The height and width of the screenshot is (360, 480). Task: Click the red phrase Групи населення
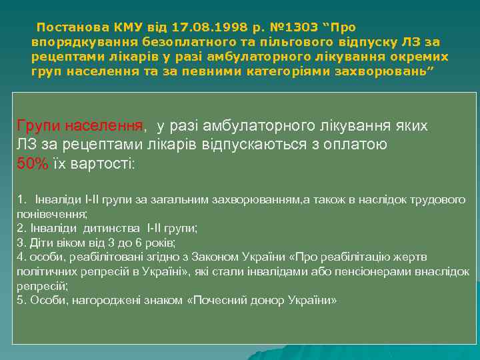[x=80, y=126]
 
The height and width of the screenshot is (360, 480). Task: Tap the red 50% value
[x=32, y=164]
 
